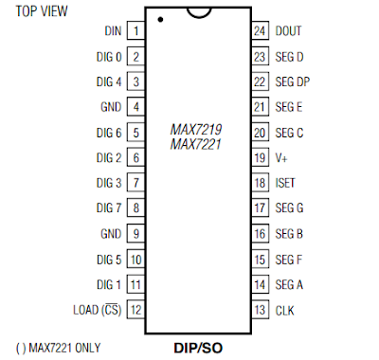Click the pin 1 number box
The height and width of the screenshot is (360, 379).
coord(136,31)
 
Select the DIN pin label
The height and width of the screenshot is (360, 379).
coord(113,31)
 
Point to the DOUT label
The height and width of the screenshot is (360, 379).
coord(289,31)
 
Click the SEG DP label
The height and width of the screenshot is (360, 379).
coord(293,81)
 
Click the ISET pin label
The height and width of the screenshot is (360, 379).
coord(286,182)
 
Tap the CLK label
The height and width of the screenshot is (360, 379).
coord(284,309)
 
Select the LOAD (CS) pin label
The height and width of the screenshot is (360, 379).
coord(98,309)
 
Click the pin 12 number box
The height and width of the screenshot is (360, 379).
coord(136,309)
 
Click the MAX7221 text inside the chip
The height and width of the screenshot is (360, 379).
coord(196,144)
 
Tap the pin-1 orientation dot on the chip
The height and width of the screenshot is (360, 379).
coord(161,19)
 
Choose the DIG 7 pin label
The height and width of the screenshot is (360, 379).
coord(109,207)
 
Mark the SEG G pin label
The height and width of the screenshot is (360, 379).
coord(289,207)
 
